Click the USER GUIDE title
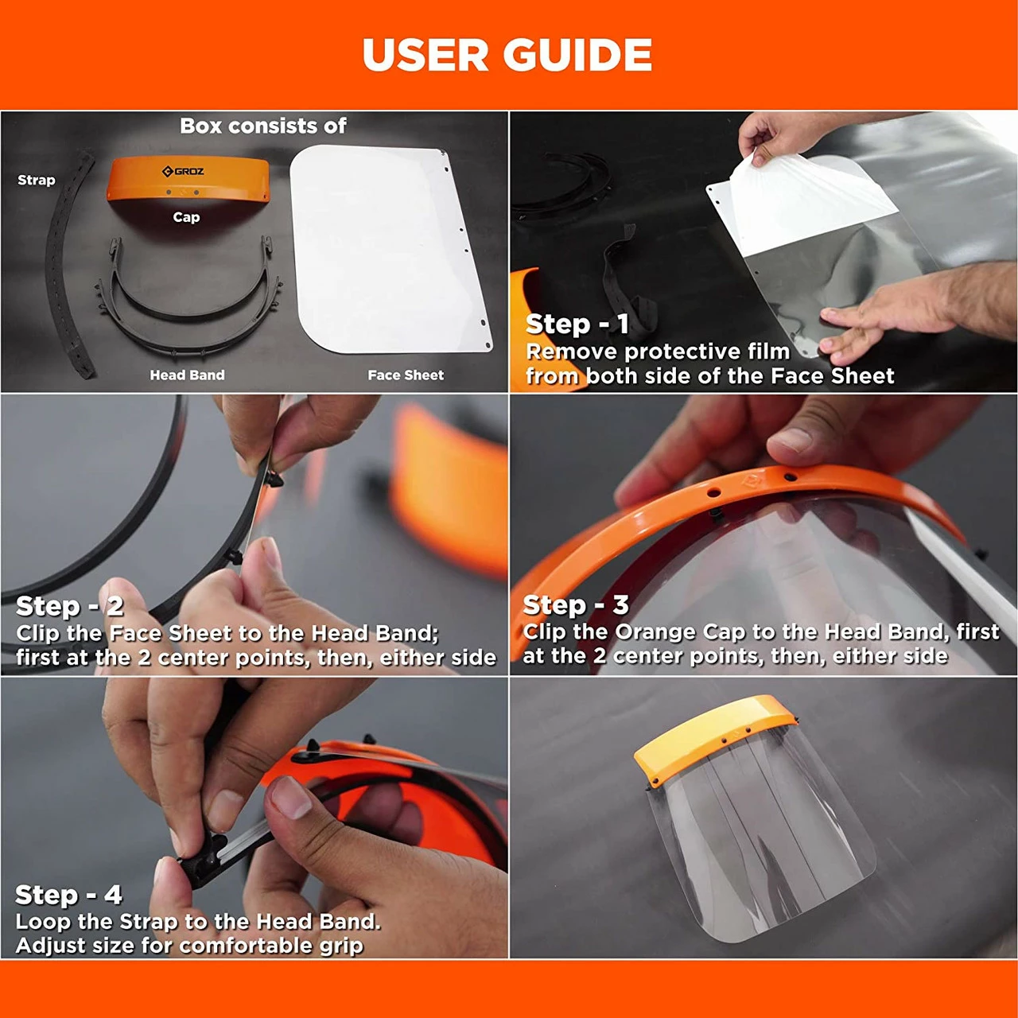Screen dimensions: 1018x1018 pos(507,54)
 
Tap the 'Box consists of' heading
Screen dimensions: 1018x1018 pos(263,126)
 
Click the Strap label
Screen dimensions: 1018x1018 pos(37,181)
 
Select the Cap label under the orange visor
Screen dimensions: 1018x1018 pos(186,217)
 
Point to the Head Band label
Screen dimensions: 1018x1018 pos(187,375)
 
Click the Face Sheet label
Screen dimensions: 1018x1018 pos(406,375)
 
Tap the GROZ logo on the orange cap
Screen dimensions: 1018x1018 pos(183,171)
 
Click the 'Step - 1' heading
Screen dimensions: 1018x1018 pos(577,324)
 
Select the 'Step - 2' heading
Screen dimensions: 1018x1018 pos(70,606)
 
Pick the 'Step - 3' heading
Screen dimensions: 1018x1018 pos(576,605)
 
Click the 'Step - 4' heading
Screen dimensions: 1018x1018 pos(68,895)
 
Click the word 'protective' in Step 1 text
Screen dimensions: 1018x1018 pos(686,352)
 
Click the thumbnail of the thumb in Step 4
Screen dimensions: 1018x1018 pos(291,798)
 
